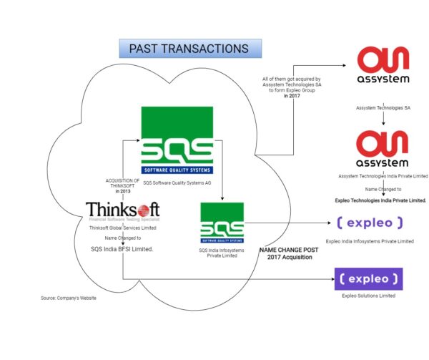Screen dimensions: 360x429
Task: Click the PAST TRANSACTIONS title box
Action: point(189,49)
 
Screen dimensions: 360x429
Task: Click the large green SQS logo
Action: point(177,140)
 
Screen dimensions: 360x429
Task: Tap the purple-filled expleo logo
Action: point(368,276)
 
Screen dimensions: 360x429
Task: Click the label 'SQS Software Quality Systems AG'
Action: point(177,183)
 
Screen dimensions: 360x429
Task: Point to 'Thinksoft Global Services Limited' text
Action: point(122,228)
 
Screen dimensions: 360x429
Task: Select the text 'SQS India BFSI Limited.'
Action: point(122,248)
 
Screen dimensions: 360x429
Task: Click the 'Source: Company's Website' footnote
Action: point(69,298)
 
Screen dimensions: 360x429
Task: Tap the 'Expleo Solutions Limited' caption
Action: point(368,295)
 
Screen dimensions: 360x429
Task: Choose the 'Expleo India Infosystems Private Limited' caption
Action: point(369,241)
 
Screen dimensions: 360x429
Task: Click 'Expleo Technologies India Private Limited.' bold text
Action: point(380,201)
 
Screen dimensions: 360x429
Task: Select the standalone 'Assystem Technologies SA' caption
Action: point(383,107)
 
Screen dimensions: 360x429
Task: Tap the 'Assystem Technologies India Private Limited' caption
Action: point(383,175)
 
